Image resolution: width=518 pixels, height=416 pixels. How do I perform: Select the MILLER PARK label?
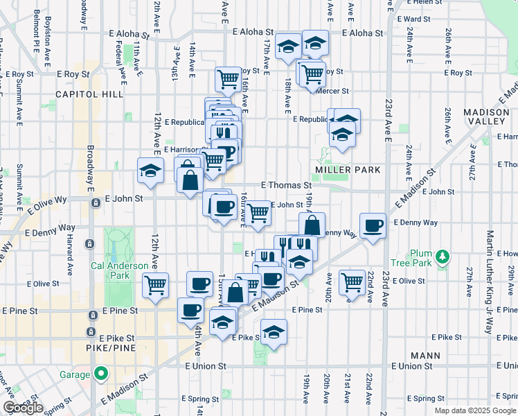tap(339, 169)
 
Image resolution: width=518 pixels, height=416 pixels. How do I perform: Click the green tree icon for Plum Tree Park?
tap(440, 259)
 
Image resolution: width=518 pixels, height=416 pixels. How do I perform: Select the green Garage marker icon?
tap(101, 374)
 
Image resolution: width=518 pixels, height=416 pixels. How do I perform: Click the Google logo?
tap(24, 408)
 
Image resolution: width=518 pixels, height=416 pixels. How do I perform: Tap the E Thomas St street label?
tap(286, 185)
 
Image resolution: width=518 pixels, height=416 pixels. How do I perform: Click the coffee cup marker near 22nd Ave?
tap(373, 225)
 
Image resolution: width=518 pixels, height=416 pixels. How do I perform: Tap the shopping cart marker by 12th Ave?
tap(155, 284)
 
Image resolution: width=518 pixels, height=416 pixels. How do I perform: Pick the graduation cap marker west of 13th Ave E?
tap(149, 171)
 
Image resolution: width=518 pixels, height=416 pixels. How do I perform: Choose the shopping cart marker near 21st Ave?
tap(352, 281)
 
